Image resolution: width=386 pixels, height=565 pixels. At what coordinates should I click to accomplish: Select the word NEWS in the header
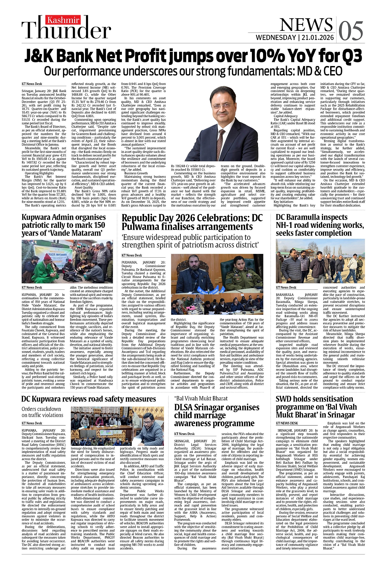[x=306, y=25]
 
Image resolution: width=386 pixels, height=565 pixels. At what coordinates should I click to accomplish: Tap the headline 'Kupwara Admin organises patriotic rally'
[x=64, y=225]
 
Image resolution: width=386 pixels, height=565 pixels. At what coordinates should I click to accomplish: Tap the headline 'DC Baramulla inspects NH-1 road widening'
[x=320, y=225]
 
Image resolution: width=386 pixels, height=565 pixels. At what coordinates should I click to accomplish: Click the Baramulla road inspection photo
[x=320, y=261]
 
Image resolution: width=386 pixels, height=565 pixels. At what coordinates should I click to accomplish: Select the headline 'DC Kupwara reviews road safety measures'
[x=89, y=399]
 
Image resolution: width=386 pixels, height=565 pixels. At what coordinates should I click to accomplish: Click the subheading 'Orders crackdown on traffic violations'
[x=43, y=412]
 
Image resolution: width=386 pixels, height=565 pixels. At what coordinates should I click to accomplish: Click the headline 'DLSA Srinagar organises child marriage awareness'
[x=217, y=415]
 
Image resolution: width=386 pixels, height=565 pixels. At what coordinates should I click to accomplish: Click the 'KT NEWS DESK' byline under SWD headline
[x=287, y=423]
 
